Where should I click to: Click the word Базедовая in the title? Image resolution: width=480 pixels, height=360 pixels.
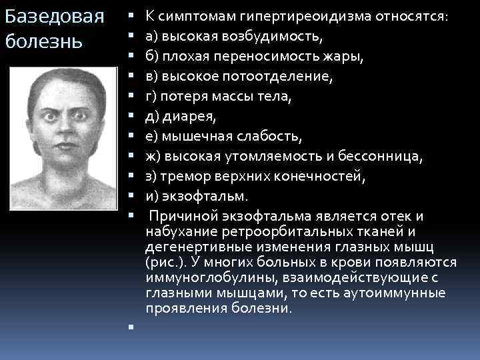(x=53, y=17)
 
